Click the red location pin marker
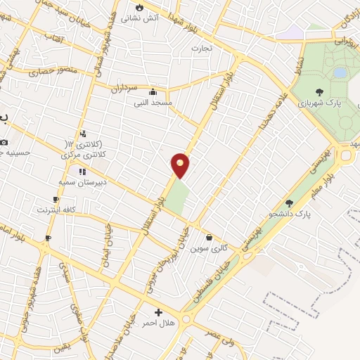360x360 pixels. (x=181, y=165)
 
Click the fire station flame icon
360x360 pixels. (x=139, y=6)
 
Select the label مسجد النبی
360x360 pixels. (x=153, y=103)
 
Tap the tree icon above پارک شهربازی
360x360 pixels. (x=320, y=91)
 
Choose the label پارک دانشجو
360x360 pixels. (x=312, y=212)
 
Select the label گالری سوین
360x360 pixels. (x=209, y=248)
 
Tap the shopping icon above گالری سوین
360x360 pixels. (x=209, y=237)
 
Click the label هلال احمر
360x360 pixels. (x=158, y=323)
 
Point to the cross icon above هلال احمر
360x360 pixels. (x=158, y=312)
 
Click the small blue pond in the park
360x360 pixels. (x=340, y=72)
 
